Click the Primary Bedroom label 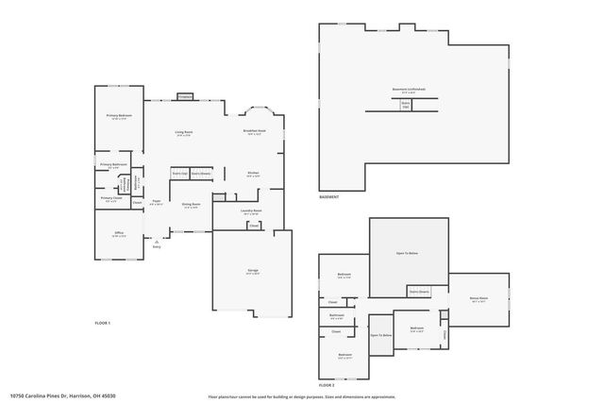pos(119,116)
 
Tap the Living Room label pos(183,133)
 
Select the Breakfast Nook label pos(253,132)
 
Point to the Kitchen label pos(253,174)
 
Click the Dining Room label pos(190,205)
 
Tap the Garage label pos(253,271)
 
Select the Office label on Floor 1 pos(119,233)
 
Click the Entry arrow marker pos(157,243)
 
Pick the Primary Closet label pos(110,198)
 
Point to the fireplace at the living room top pos(185,95)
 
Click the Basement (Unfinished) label pos(410,90)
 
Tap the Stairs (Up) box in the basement pos(405,106)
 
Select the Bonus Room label pos(478,298)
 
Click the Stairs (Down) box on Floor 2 pos(419,293)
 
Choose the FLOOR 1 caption pos(103,324)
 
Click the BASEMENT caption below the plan pos(328,197)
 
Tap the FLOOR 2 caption pos(327,385)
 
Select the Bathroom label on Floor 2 pos(337,316)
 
